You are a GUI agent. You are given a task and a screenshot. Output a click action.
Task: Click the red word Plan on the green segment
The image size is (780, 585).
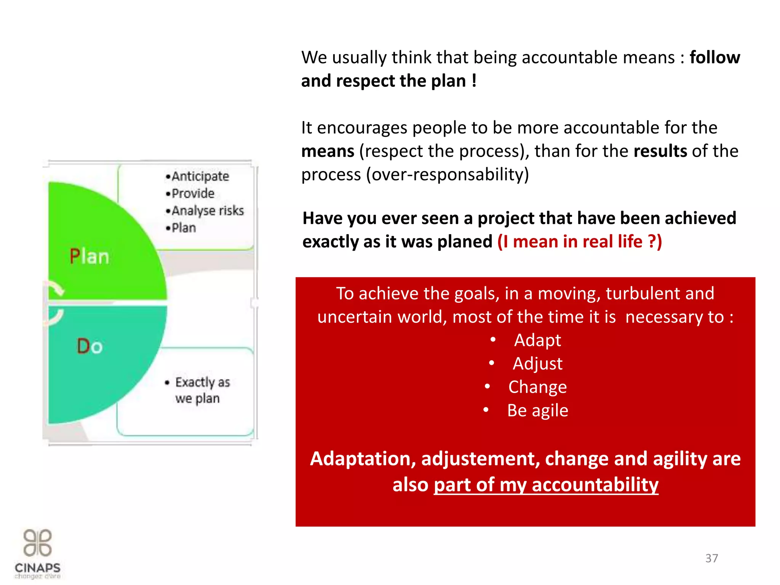[90, 256]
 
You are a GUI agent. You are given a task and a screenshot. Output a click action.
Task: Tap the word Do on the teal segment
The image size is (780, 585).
[90, 346]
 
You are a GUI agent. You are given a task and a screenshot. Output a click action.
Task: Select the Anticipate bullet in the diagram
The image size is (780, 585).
[200, 176]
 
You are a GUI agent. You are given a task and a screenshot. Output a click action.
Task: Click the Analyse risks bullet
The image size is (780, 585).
[207, 211]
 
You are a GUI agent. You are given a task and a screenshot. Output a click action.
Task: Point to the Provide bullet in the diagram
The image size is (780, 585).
[193, 193]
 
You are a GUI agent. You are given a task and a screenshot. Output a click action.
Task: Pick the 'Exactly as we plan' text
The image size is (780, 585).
[202, 390]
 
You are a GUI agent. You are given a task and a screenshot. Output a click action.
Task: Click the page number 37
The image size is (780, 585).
[711, 558]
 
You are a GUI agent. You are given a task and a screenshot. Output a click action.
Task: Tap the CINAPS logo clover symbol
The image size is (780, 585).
[37, 543]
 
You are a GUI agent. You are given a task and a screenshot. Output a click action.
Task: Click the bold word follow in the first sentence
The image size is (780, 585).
[714, 58]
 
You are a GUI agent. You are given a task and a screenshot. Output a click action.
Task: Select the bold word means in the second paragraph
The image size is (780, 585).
[328, 151]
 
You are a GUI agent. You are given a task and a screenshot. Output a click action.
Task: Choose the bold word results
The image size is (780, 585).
[660, 151]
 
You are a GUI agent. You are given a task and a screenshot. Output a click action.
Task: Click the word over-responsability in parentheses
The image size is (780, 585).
[448, 175]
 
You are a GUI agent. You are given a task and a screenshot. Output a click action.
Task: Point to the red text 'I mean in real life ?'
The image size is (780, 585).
[579, 241]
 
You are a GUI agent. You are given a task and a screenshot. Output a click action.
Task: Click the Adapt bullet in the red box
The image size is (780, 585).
[537, 340]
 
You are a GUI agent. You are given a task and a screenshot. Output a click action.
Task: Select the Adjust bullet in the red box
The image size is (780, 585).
[537, 363]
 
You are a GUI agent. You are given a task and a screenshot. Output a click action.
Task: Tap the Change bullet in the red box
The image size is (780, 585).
[537, 387]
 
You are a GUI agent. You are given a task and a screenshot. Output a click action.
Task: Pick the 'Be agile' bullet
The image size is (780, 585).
[537, 411]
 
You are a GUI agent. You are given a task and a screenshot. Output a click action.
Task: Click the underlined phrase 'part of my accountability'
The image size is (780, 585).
[546, 485]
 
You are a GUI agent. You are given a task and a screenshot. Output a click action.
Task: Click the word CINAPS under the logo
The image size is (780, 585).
[38, 568]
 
